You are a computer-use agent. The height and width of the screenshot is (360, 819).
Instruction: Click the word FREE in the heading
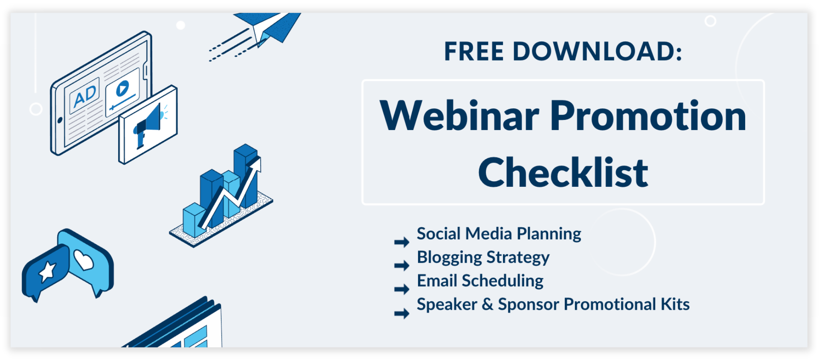[474, 51]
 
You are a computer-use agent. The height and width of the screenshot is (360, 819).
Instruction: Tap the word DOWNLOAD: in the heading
[597, 51]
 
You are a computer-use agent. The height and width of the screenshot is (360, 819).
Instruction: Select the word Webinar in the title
[459, 116]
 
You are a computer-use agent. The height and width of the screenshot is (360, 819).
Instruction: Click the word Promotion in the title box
[648, 116]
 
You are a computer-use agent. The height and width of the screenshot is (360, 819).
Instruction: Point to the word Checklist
[563, 172]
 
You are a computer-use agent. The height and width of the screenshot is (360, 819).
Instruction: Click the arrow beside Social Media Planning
[402, 242]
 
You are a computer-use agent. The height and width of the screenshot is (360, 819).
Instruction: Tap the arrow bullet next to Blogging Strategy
[402, 266]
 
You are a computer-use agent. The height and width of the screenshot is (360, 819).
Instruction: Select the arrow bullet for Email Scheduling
[402, 290]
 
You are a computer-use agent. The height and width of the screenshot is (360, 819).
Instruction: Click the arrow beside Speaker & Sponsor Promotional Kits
[402, 314]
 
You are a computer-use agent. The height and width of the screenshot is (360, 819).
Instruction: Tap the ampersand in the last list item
[488, 305]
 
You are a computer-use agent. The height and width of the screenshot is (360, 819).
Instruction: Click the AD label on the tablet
[85, 96]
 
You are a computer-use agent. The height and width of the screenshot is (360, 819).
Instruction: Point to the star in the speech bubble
[47, 271]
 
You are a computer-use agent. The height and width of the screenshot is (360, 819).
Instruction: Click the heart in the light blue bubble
[84, 259]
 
